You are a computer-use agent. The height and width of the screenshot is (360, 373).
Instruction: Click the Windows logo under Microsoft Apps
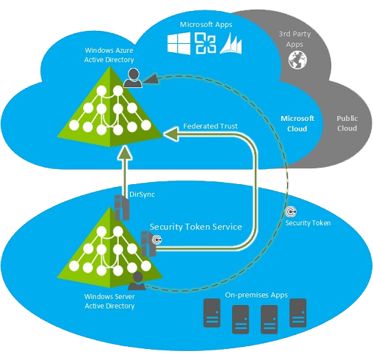pyautogui.click(x=179, y=43)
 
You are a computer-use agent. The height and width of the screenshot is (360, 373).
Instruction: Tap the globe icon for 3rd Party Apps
pyautogui.click(x=297, y=60)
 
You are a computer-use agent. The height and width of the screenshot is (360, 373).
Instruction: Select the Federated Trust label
pyautogui.click(x=210, y=126)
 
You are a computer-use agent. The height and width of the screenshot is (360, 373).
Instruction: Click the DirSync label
pyautogui.click(x=142, y=194)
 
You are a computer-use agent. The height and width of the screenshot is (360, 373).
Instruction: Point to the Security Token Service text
pyautogui.click(x=196, y=227)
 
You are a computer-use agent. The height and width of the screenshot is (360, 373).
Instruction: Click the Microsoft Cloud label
pyautogui.click(x=297, y=124)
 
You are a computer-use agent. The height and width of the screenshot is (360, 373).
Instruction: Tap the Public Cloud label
pyautogui.click(x=347, y=123)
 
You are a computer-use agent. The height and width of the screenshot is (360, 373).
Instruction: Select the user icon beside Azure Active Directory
pyautogui.click(x=133, y=78)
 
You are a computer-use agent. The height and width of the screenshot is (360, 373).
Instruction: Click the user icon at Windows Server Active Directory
pyautogui.click(x=137, y=281)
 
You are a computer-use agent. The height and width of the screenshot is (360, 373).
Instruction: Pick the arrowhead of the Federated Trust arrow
pyautogui.click(x=171, y=134)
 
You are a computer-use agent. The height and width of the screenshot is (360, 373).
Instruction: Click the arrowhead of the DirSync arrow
pyautogui.click(x=125, y=153)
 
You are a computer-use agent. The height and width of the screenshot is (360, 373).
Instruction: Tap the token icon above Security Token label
pyautogui.click(x=291, y=212)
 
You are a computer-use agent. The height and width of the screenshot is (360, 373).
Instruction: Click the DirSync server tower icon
pyautogui.click(x=122, y=207)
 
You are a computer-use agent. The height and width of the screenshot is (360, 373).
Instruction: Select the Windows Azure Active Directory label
pyautogui.click(x=109, y=55)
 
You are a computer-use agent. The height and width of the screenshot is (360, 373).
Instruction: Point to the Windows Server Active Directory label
pyautogui.click(x=109, y=301)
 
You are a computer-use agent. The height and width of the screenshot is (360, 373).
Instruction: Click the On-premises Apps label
pyautogui.click(x=256, y=295)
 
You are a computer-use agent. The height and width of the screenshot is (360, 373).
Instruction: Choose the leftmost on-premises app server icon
pyautogui.click(x=212, y=313)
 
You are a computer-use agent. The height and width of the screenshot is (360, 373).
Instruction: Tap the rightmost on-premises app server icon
pyautogui.click(x=298, y=313)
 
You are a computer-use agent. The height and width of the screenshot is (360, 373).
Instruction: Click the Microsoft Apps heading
pyautogui.click(x=206, y=25)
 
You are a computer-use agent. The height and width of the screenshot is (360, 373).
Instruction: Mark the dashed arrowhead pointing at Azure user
pyautogui.click(x=150, y=79)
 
